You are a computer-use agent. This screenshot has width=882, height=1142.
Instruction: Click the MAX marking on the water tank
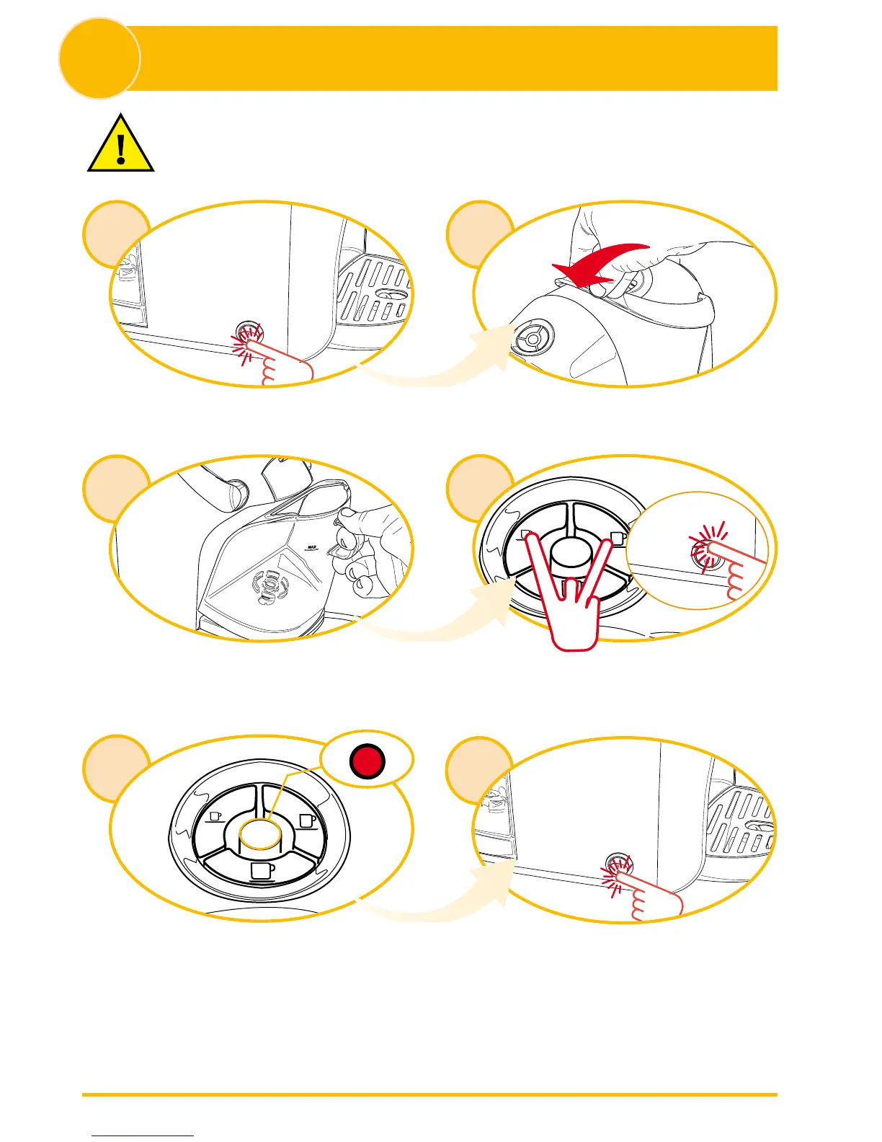(313, 547)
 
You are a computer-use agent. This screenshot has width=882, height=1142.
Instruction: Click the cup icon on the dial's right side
(308, 821)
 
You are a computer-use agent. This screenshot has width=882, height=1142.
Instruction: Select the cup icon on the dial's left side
(214, 816)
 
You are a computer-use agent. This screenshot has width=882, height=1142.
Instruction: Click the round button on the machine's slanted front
(533, 337)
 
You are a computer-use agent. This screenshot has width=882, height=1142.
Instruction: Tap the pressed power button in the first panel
(249, 333)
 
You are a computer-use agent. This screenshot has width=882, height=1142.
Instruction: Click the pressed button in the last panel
(617, 864)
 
